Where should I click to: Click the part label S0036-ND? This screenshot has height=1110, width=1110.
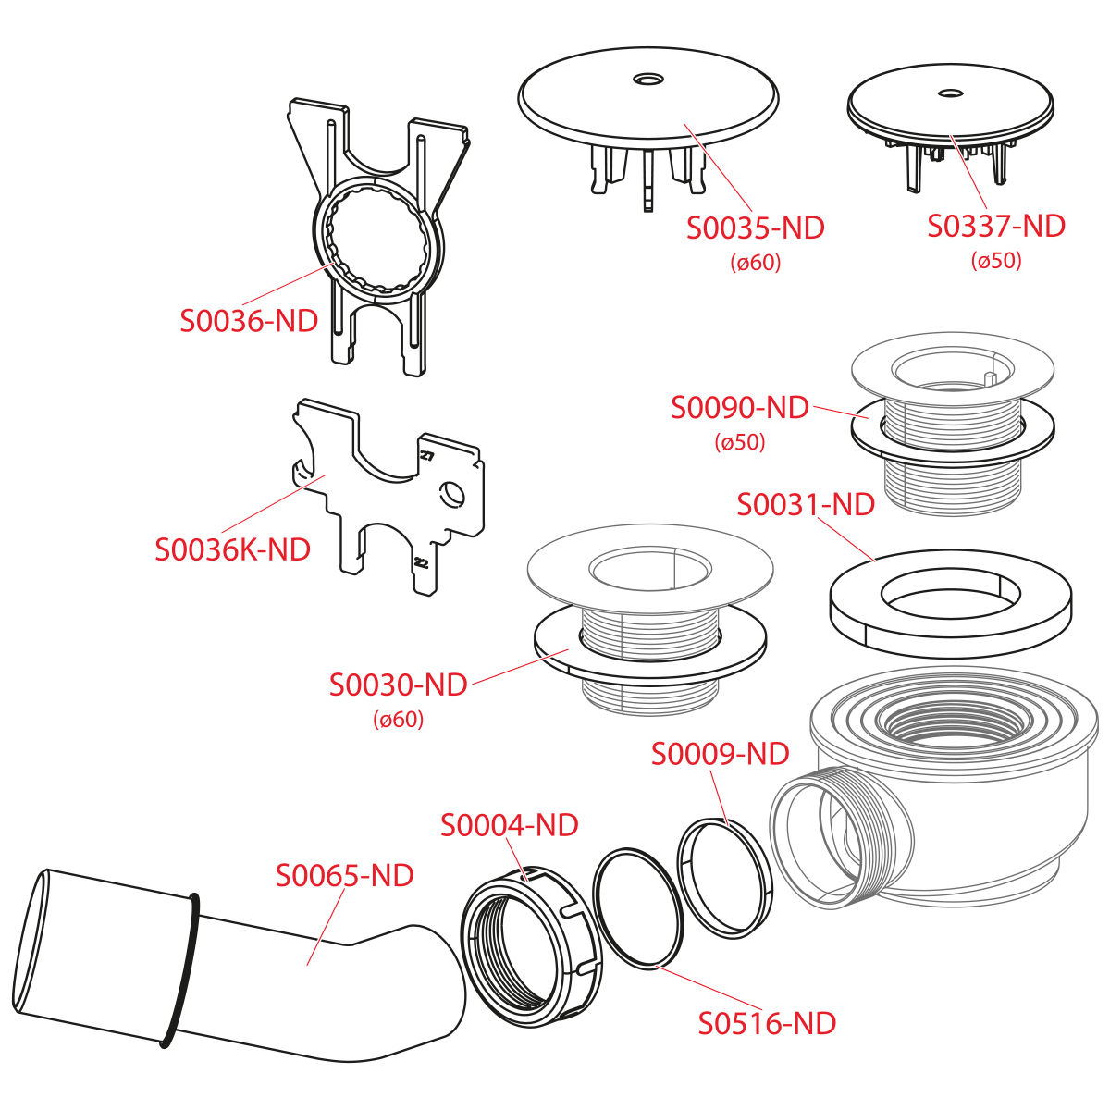pyautogui.click(x=249, y=321)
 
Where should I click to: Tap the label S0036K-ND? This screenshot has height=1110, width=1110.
pyautogui.click(x=233, y=549)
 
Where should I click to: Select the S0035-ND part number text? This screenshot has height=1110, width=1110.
pyautogui.click(x=755, y=228)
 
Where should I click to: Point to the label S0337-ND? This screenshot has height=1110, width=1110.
pyautogui.click(x=996, y=226)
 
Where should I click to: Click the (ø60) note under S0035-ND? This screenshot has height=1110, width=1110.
pyautogui.click(x=755, y=263)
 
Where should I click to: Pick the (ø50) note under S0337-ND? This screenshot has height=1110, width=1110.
pyautogui.click(x=996, y=260)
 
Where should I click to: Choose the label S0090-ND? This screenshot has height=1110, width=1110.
pyautogui.click(x=740, y=408)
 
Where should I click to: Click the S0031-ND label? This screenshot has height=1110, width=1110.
pyautogui.click(x=806, y=505)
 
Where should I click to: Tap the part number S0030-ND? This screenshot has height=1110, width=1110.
pyautogui.click(x=398, y=684)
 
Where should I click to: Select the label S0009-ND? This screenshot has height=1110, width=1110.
pyautogui.click(x=720, y=754)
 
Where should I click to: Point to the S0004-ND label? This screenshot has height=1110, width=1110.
pyautogui.click(x=509, y=825)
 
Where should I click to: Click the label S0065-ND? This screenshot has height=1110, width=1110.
pyautogui.click(x=344, y=875)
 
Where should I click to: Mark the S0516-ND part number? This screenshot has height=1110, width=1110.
pyautogui.click(x=767, y=1023)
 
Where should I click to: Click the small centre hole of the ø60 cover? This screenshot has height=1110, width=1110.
pyautogui.click(x=648, y=78)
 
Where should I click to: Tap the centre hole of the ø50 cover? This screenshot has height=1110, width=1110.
pyautogui.click(x=949, y=92)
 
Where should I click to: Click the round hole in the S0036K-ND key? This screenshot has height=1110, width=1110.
pyautogui.click(x=452, y=494)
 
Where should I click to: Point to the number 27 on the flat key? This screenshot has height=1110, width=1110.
pyautogui.click(x=426, y=456)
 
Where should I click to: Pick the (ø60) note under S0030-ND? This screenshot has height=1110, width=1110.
pyautogui.click(x=398, y=720)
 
